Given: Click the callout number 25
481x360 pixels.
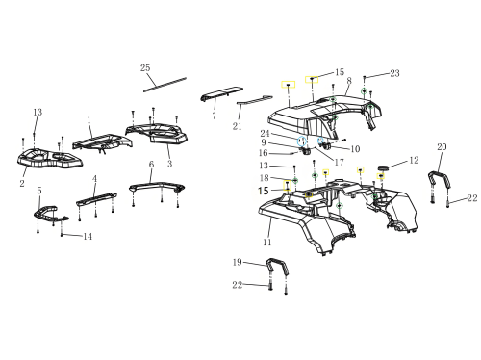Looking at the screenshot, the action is [x=145, y=67].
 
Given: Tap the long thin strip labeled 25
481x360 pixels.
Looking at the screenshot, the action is [x=165, y=84].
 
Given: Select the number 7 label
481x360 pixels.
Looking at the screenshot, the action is [x=215, y=116].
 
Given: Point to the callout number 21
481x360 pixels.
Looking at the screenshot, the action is [x=237, y=126].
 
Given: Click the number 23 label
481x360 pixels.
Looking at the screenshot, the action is [x=394, y=73].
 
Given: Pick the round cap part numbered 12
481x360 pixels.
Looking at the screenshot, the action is [x=383, y=167].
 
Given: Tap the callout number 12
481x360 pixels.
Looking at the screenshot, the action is [x=414, y=160].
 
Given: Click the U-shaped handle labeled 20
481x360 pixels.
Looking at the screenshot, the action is [x=439, y=181].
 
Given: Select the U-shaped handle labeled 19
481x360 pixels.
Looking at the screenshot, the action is [x=277, y=267].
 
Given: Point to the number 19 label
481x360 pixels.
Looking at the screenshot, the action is [x=238, y=262].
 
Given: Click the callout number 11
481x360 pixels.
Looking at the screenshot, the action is [x=267, y=242].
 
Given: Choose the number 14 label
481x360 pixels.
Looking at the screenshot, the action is [x=88, y=237].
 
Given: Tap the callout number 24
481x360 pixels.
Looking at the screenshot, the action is [x=265, y=133].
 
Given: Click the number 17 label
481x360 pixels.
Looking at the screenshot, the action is [x=339, y=162].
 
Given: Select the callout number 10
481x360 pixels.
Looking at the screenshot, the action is [x=355, y=149].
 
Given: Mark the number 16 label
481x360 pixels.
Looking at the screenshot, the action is [x=263, y=153].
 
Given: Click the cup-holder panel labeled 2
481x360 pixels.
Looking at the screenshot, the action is [x=50, y=158].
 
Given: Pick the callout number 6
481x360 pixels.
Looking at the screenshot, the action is [x=151, y=164].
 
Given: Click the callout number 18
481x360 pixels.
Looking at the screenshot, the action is [x=265, y=178].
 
